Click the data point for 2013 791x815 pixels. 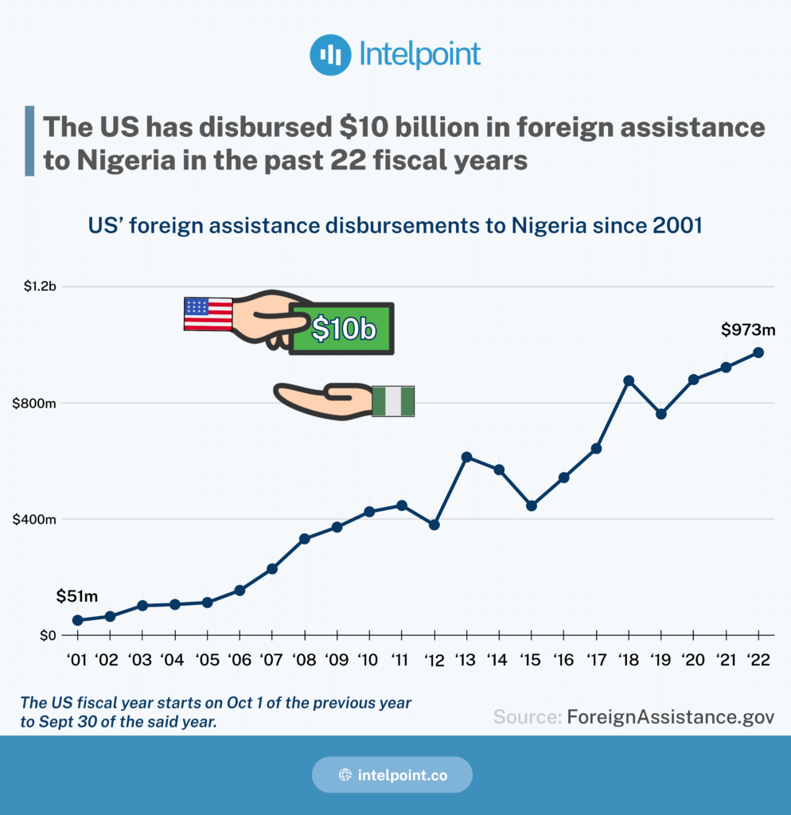coord(466,457)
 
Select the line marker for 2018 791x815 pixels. coord(629,380)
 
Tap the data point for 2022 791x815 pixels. coord(758,352)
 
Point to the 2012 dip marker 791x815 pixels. coord(434,524)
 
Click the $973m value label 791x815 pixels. coord(748,329)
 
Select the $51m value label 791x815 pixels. coord(76,597)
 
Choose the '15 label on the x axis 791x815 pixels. coord(531,660)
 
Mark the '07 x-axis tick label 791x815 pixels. coord(271,660)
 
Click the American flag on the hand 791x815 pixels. coord(208,314)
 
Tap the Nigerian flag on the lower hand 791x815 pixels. coord(394,401)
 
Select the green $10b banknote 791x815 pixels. coord(342,328)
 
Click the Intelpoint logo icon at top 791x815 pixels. coord(330,55)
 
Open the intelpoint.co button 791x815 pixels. coord(392,774)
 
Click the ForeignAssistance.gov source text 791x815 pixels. coord(670,716)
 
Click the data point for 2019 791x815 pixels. coord(660,414)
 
